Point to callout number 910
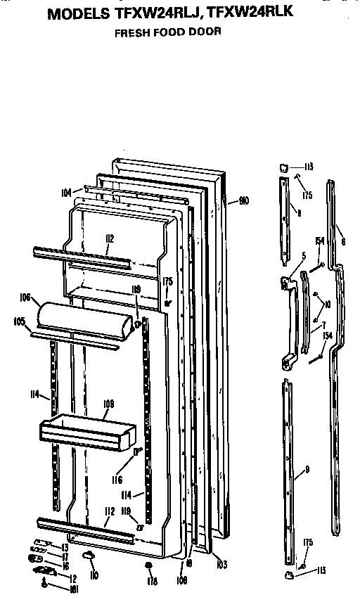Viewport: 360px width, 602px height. click(244, 202)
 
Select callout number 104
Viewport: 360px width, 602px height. click(66, 191)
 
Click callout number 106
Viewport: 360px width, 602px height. click(25, 298)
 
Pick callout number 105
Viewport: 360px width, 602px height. click(20, 322)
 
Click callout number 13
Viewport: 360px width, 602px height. click(63, 546)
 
